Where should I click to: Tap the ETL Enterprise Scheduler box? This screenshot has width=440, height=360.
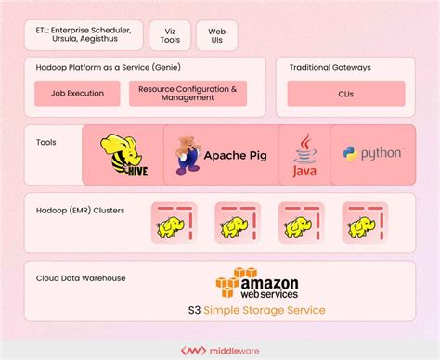click(x=84, y=35)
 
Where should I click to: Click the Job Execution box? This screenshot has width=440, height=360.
click(x=77, y=94)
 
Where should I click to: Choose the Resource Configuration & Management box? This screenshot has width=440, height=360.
click(x=188, y=94)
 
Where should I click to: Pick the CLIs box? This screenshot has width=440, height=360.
click(x=344, y=94)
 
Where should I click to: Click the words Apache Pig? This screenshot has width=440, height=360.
click(x=235, y=155)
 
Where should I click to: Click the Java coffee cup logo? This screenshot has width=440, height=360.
click(x=305, y=155)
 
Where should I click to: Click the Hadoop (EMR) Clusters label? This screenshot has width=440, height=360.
click(x=79, y=211)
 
